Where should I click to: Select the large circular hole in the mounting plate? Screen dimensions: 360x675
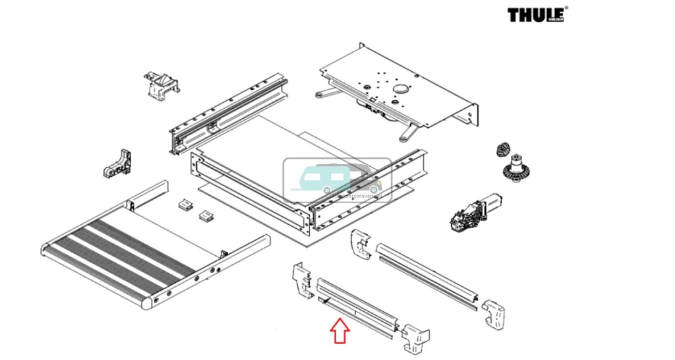tap(401, 89)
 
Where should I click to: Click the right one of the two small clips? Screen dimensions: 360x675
tap(207, 215)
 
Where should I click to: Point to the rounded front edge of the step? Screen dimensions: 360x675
tap(92, 277)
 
